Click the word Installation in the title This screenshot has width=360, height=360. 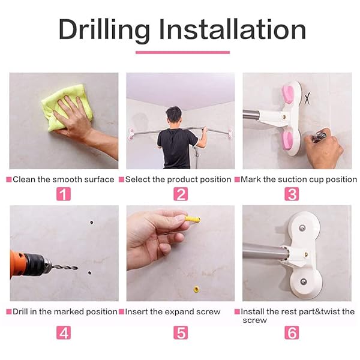pos(233,29)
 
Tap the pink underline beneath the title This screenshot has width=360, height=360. pos(182,52)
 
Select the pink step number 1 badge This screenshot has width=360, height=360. pos(64,194)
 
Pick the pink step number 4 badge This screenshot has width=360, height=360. pos(64,332)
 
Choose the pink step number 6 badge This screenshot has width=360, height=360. pos(292,332)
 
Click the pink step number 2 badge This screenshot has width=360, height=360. pos(181,194)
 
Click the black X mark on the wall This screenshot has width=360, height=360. pos(307,99)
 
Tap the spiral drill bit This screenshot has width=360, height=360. pos(65,267)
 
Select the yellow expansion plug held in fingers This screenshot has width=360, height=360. pos(193,219)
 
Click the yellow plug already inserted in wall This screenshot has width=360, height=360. pos(196,289)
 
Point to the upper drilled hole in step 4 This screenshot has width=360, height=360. pos(92,223)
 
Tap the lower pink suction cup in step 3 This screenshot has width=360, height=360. pos(289,140)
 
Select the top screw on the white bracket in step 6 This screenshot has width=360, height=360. pos(302,228)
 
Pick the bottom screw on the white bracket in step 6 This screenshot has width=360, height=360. pos(304,281)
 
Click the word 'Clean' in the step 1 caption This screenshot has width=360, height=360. pos(24,179)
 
